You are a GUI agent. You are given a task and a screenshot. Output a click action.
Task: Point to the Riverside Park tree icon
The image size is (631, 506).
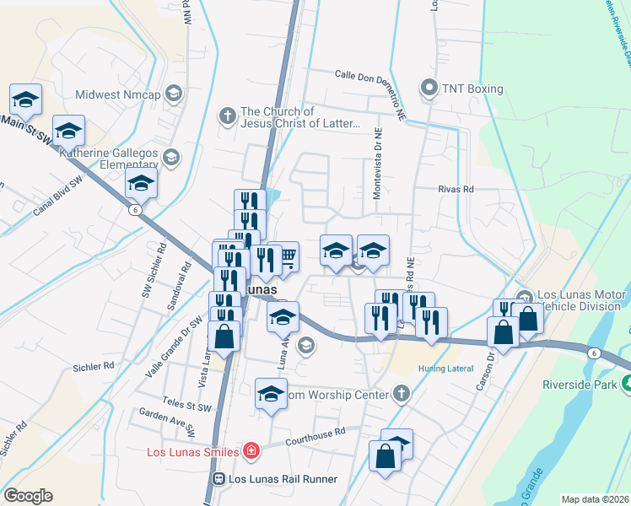click(625, 384)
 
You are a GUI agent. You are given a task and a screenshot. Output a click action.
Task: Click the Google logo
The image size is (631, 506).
click(28, 496)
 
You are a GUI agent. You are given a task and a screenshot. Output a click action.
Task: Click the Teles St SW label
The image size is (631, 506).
click(188, 406)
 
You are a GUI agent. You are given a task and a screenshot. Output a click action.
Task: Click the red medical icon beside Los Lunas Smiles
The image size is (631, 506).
click(251, 452)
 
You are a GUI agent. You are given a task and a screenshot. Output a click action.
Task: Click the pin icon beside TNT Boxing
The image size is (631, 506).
click(429, 88)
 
